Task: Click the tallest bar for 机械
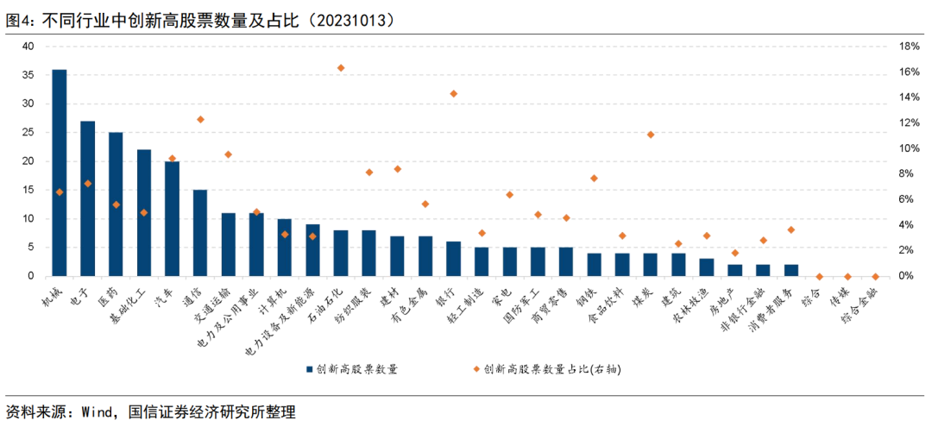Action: pos(60,173)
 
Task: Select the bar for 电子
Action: pos(87,198)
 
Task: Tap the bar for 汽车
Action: pos(172,218)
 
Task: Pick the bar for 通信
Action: pos(200,233)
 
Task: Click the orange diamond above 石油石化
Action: pos(341,67)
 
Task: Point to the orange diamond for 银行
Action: pos(454,93)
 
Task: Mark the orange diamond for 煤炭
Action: pos(651,135)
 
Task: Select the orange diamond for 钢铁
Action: pos(595,178)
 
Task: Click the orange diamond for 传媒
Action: pos(847,276)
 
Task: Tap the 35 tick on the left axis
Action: pos(28,75)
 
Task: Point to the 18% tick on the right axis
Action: pos(910,47)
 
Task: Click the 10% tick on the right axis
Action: pos(910,148)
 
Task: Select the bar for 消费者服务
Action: pos(791,270)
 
